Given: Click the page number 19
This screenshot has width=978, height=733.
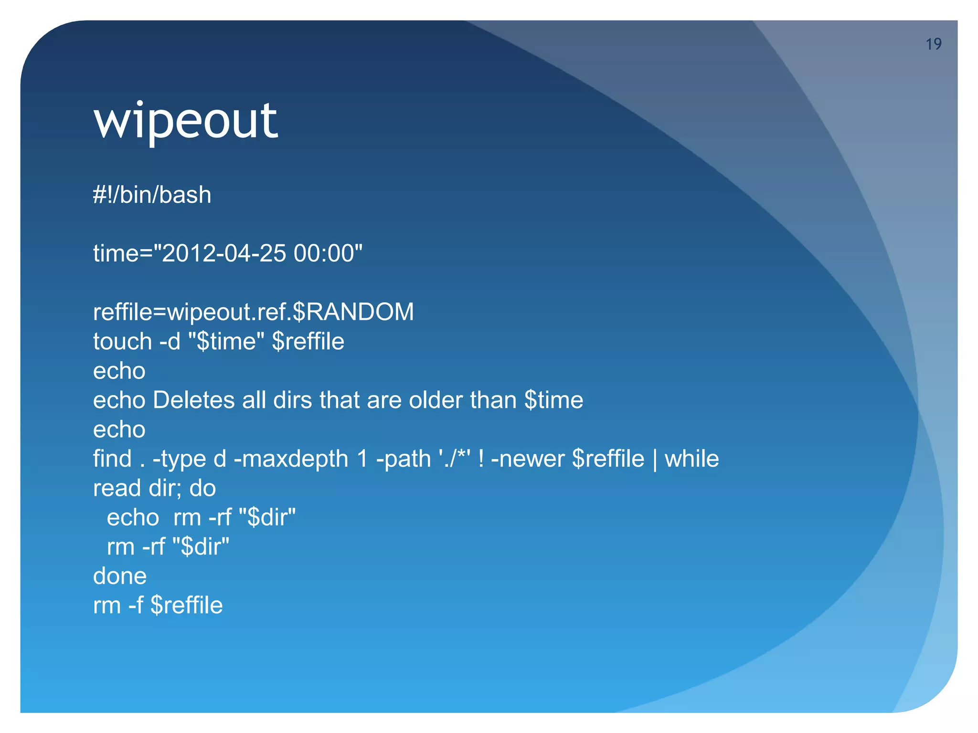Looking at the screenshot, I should click(933, 44).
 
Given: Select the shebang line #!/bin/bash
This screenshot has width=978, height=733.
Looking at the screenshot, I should click(152, 195).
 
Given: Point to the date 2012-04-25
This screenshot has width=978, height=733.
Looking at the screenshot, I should click(224, 253).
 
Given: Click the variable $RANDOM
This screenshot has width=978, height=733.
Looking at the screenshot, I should click(353, 312).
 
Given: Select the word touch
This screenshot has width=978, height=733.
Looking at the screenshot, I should click(122, 342).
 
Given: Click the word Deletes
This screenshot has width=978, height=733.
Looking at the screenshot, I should click(193, 400).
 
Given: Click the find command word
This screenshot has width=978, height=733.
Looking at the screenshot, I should click(112, 459).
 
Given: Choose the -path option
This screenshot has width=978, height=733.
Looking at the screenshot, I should click(404, 459).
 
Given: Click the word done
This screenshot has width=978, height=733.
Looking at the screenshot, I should click(120, 576).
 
